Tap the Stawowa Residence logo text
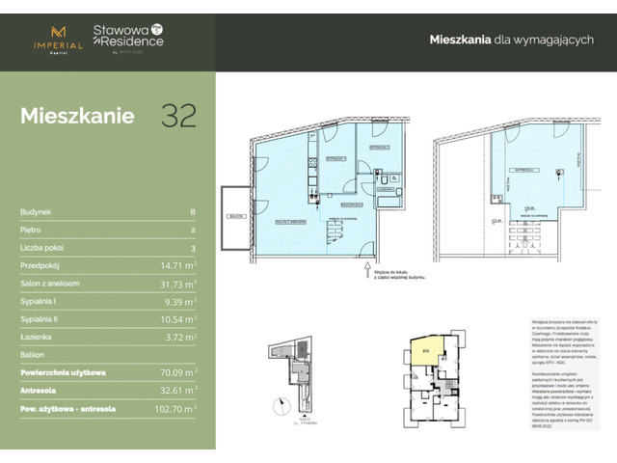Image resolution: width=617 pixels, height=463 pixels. pos(128,38)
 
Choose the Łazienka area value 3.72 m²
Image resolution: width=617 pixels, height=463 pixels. pos(180,337)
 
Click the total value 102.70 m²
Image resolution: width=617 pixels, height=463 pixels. pos(174,409)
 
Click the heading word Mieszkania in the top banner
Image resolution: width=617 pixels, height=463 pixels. pos(457,40)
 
